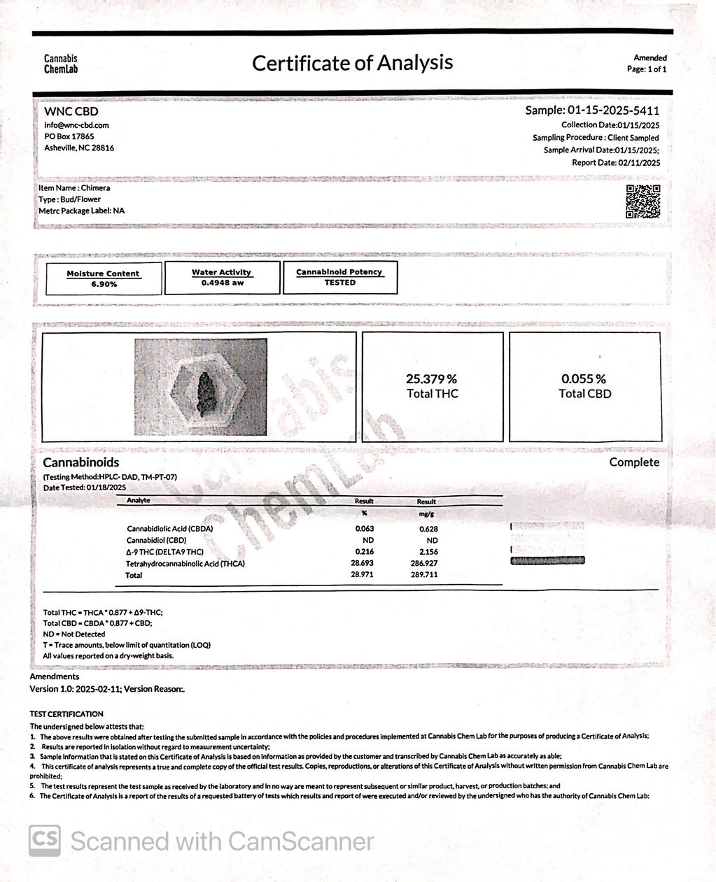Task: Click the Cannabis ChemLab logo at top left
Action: pos(61,64)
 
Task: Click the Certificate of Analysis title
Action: pos(352,64)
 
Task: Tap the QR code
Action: pos(643,201)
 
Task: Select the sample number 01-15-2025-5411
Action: pos(612,111)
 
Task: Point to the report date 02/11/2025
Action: pos(638,162)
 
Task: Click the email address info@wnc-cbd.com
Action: pos(76,125)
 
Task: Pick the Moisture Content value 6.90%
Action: pos(104,284)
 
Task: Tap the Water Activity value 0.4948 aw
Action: pos(222,283)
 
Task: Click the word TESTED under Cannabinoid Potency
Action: pos(339,283)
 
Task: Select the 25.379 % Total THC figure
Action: pos(431,379)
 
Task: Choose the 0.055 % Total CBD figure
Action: pos(584,379)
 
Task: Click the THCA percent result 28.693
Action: pos(362,563)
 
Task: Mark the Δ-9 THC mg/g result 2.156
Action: pos(428,552)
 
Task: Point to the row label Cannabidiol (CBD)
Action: pos(156,540)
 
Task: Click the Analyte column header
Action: pos(138,500)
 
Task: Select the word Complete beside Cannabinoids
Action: pos(634,462)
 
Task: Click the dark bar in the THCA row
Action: pos(548,560)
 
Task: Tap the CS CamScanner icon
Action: pos(44,840)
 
